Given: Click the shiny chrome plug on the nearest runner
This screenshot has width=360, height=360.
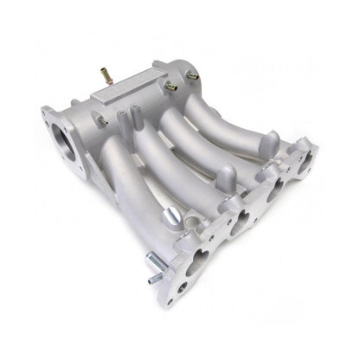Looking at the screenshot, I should (x=170, y=214).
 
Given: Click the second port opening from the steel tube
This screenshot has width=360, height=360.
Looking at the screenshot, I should (x=239, y=226).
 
